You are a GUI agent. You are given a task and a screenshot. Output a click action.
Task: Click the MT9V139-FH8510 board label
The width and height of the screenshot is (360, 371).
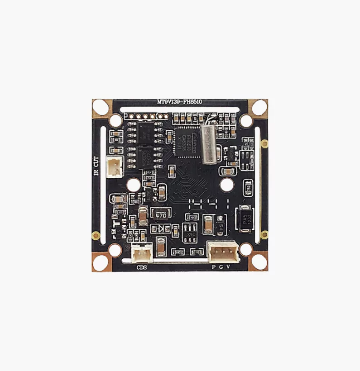179,102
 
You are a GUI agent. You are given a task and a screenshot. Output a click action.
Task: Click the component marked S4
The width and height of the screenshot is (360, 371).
221,225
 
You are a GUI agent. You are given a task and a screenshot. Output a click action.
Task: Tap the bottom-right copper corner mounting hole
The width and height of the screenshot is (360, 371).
259,262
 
